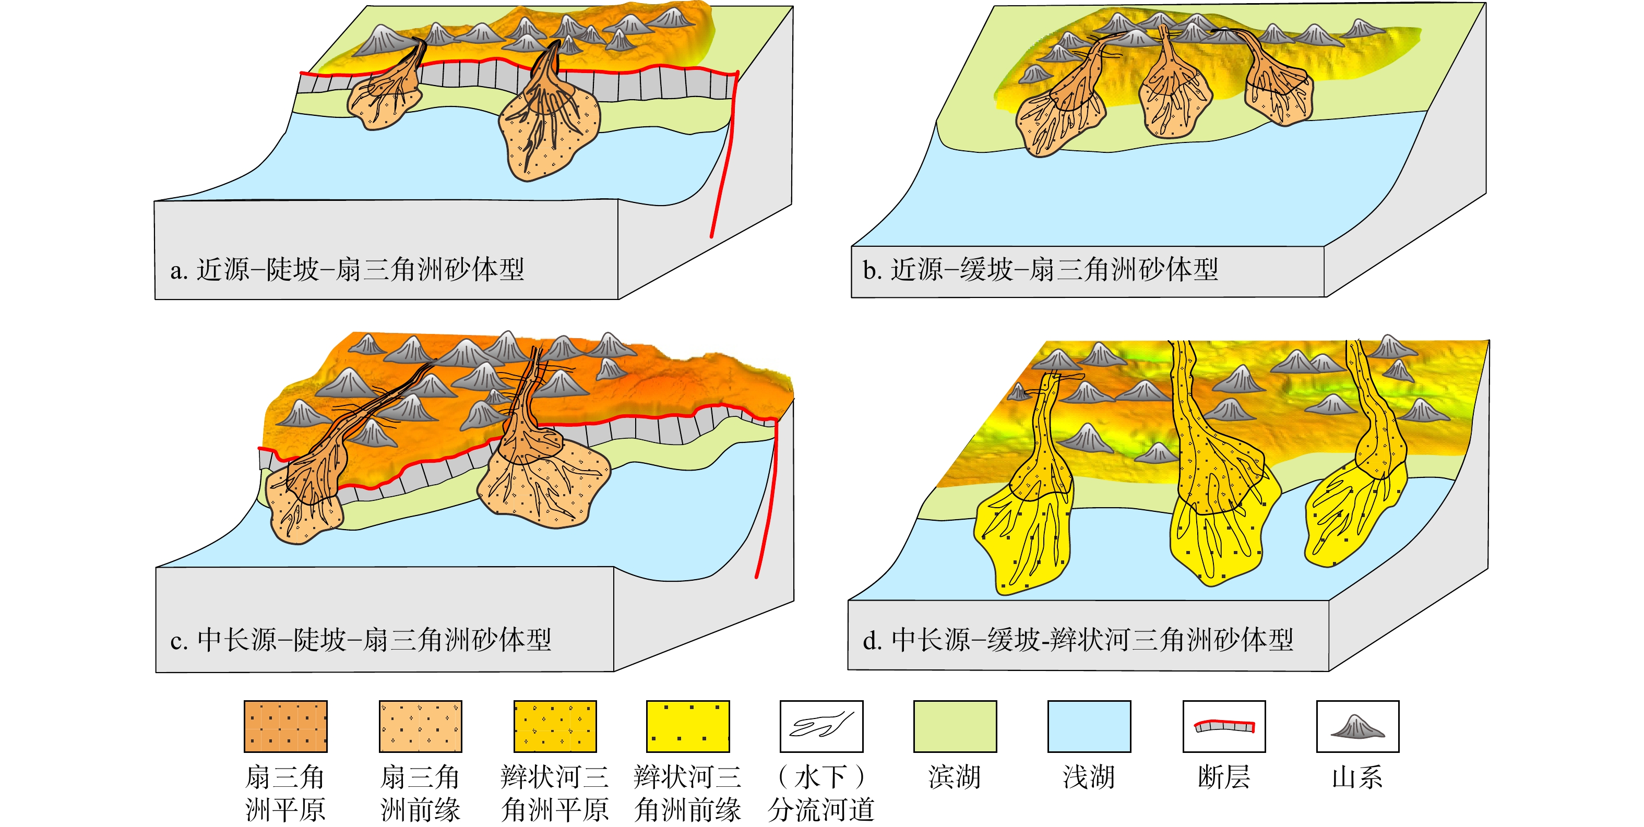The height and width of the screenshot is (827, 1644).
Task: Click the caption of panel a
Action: (x=347, y=269)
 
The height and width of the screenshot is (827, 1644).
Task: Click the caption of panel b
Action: (x=1040, y=269)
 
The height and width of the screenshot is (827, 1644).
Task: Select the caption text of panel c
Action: (x=361, y=639)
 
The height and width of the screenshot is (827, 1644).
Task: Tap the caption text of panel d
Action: (x=1078, y=639)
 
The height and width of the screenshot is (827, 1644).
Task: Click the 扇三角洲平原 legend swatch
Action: (x=285, y=726)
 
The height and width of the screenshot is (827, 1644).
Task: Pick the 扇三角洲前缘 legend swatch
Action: (x=421, y=726)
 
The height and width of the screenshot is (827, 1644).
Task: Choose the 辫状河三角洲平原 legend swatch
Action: (x=555, y=726)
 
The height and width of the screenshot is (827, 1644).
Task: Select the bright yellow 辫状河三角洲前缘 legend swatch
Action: (x=688, y=726)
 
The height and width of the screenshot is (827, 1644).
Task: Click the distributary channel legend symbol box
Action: (x=821, y=726)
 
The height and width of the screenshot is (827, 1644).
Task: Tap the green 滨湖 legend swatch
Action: (x=955, y=726)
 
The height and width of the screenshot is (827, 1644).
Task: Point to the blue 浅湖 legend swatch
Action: (x=1089, y=726)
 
